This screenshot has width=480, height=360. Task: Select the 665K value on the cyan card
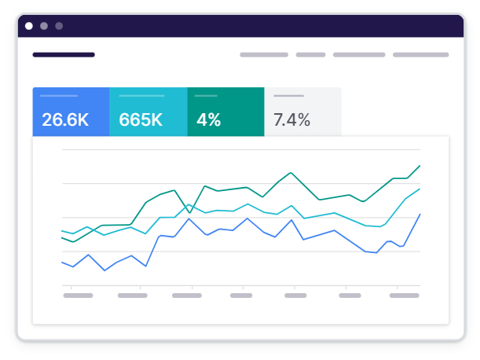pyautogui.click(x=141, y=120)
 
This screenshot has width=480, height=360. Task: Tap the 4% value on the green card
pyautogui.click(x=208, y=120)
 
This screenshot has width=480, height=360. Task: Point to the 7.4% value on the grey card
pyautogui.click(x=291, y=120)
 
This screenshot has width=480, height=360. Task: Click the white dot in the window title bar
pyautogui.click(x=29, y=26)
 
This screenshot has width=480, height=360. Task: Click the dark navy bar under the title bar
pyautogui.click(x=64, y=55)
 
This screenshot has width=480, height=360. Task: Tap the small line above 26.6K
pyautogui.click(x=59, y=96)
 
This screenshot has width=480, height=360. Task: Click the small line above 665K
pyautogui.click(x=141, y=96)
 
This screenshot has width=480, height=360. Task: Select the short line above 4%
pyautogui.click(x=206, y=96)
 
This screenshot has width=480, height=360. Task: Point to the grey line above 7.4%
pyautogui.click(x=288, y=96)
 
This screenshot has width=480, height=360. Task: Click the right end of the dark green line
pyautogui.click(x=420, y=166)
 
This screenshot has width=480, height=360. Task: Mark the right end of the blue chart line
pyautogui.click(x=420, y=214)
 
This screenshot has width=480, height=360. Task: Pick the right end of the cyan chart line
pyautogui.click(x=420, y=189)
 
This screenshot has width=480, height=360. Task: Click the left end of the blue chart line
pyautogui.click(x=62, y=262)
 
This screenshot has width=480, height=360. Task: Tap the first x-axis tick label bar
pyautogui.click(x=78, y=296)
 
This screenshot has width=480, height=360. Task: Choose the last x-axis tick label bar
pyautogui.click(x=404, y=296)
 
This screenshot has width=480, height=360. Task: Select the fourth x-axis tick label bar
pyautogui.click(x=241, y=296)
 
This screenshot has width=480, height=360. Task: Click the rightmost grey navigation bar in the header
pyautogui.click(x=420, y=55)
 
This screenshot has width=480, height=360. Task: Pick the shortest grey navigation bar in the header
pyautogui.click(x=310, y=55)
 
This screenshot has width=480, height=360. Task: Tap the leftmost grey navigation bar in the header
pyautogui.click(x=264, y=55)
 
